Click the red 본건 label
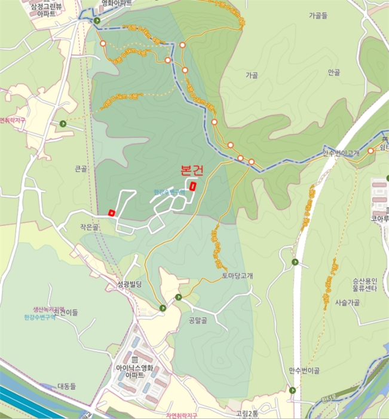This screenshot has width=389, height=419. tap(191, 170)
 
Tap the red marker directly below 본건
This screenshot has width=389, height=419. tap(192, 186)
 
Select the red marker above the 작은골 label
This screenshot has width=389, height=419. tap(111, 212)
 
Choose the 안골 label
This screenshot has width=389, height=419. tap(333, 72)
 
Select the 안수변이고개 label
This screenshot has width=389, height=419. tap(341, 153)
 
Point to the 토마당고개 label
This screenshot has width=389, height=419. tap(237, 276)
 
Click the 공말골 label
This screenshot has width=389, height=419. tap(197, 320)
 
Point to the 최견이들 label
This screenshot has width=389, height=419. tap(66, 312)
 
